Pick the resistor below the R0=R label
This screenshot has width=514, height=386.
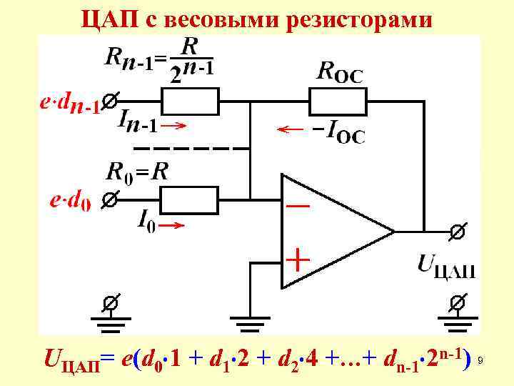click(x=187, y=198)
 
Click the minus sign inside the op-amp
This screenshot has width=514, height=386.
click(x=298, y=205)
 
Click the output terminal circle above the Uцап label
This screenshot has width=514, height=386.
click(x=458, y=232)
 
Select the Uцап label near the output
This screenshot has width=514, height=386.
click(x=446, y=266)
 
